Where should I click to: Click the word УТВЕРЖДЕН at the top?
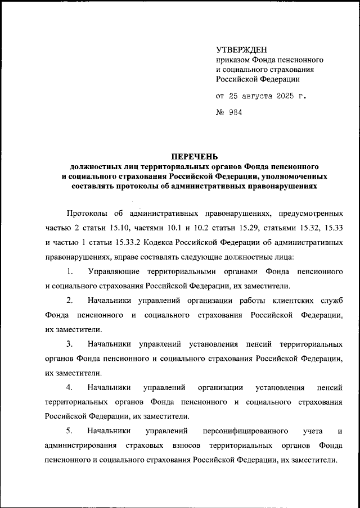click(x=242, y=49)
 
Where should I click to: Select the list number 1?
click(x=69, y=271)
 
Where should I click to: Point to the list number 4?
click(x=69, y=387)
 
